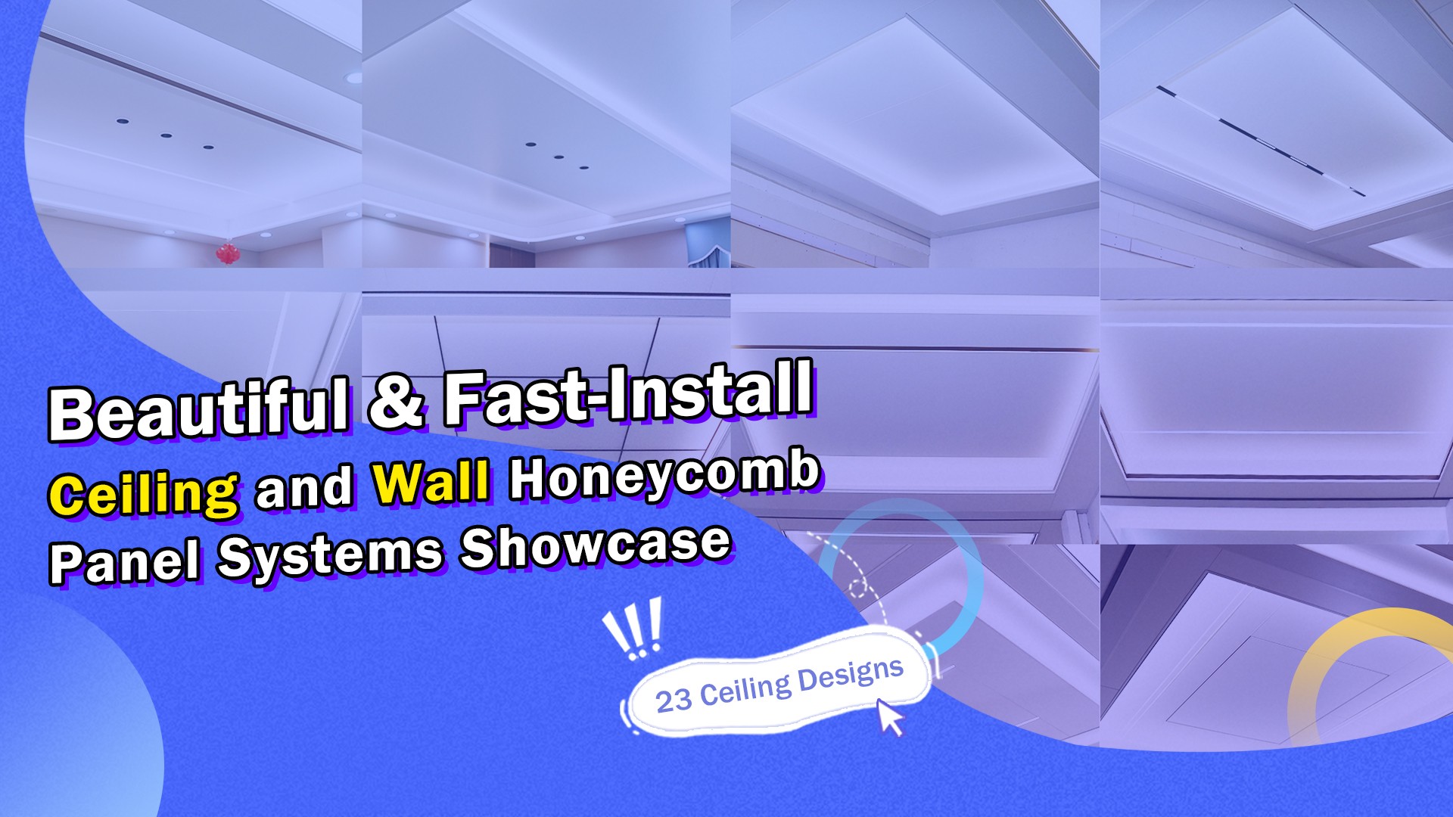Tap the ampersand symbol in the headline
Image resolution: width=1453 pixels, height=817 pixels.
coord(396,400)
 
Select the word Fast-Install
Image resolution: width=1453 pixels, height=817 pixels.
coord(628,391)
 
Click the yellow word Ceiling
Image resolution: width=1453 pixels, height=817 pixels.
coord(145,493)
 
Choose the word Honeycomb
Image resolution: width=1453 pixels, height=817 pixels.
coord(664,477)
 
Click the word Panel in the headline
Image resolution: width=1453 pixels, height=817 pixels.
coord(125,561)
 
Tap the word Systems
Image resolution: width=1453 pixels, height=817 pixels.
coord(331,555)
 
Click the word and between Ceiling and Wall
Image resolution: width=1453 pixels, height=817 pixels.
coord(305,488)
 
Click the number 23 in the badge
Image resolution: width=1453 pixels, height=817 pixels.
coord(673,701)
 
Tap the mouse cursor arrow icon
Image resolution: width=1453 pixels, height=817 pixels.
coord(890,716)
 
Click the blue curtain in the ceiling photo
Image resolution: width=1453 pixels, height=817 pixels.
coord(708,244)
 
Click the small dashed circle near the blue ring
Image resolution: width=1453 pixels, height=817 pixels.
coord(857,588)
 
